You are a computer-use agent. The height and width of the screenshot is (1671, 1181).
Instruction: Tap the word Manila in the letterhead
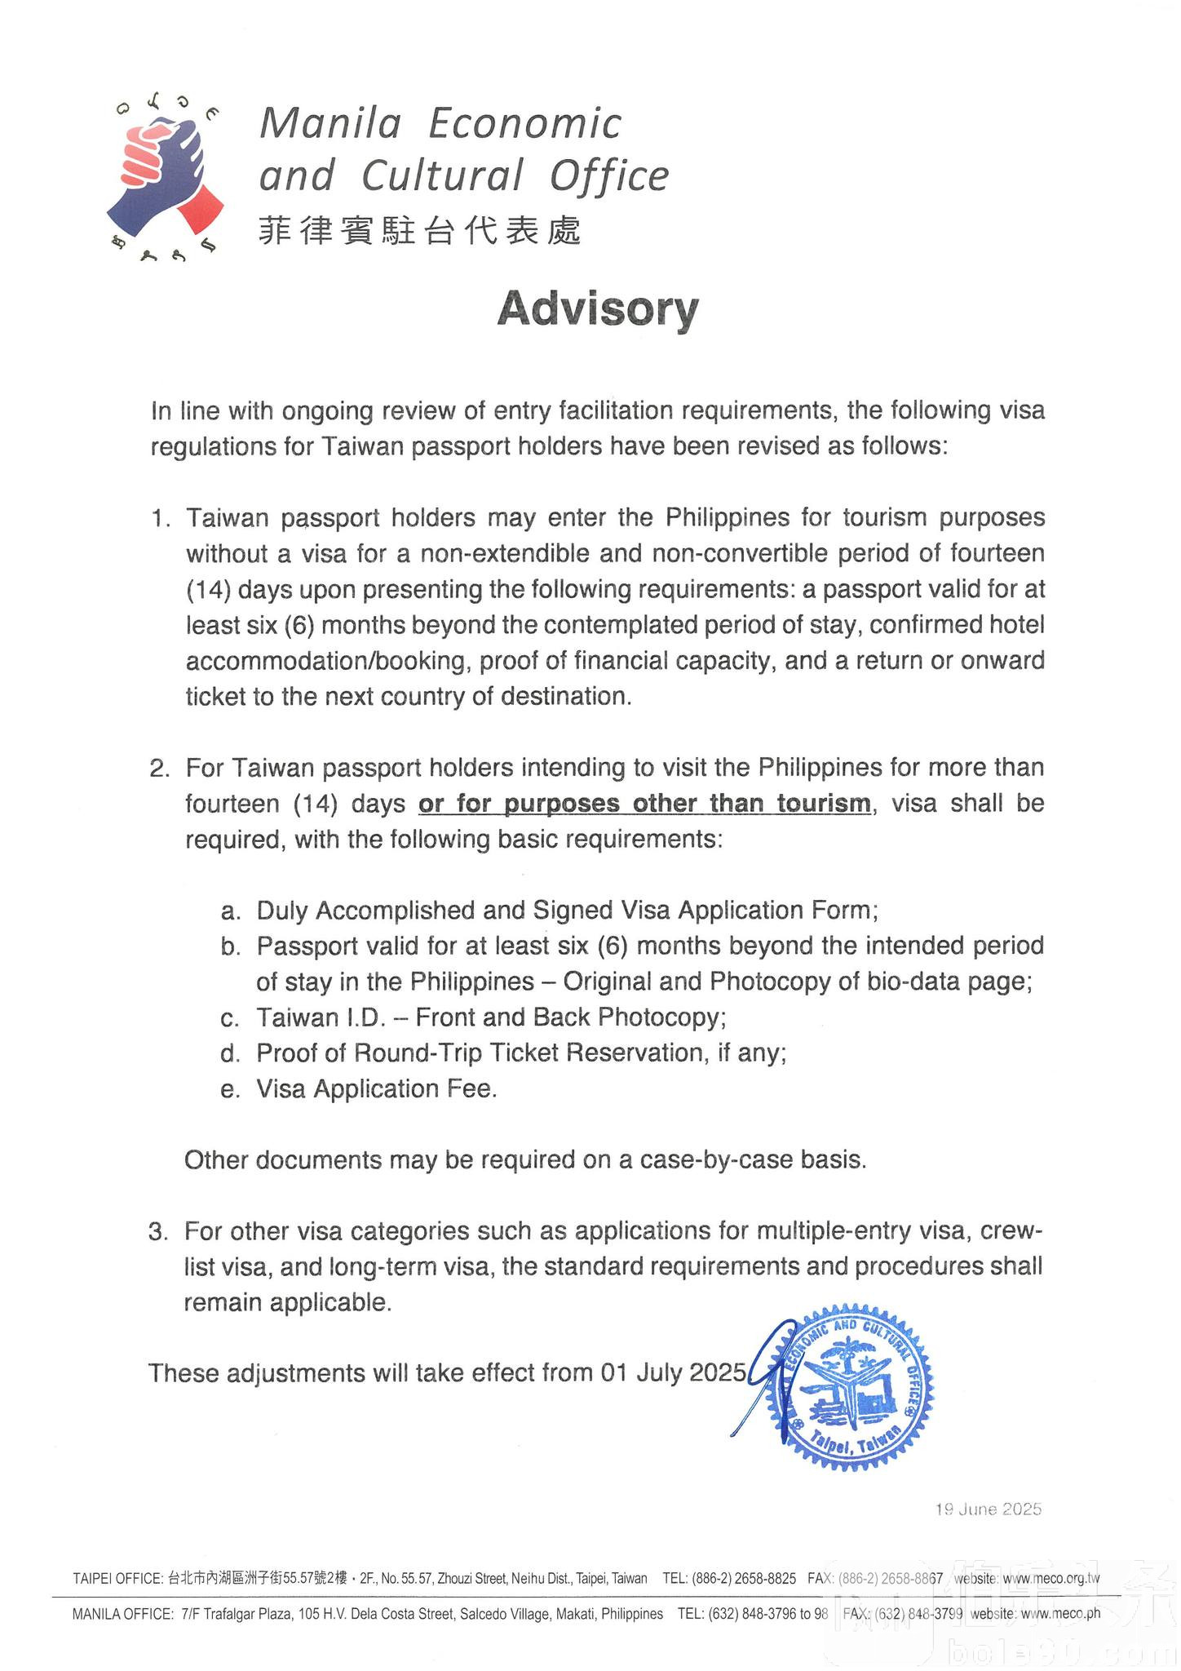(330, 124)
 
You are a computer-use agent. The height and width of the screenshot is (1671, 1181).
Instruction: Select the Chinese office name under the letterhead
(419, 231)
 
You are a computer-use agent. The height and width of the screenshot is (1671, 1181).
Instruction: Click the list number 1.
(161, 519)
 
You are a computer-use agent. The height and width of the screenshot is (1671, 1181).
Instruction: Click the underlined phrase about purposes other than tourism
(644, 804)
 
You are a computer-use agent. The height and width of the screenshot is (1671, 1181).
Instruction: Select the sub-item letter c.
(229, 1018)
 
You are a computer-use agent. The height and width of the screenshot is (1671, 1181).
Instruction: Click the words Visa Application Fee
(376, 1089)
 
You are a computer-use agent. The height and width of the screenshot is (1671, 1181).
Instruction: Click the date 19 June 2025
(989, 1509)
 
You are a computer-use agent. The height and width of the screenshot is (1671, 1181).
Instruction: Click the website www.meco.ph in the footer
(1059, 1613)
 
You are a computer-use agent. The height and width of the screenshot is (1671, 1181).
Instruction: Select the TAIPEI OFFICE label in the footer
(117, 1578)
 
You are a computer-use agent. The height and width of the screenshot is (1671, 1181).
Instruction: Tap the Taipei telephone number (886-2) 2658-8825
(743, 1578)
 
